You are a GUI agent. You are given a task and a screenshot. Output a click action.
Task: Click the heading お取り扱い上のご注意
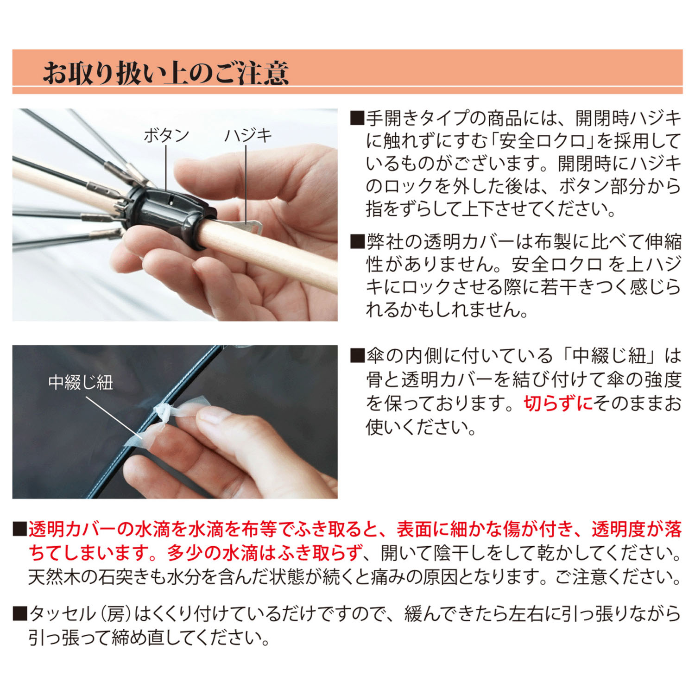click(166, 73)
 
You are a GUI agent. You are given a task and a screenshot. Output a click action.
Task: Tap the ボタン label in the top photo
click(166, 135)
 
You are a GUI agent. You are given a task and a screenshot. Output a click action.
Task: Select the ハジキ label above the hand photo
click(248, 135)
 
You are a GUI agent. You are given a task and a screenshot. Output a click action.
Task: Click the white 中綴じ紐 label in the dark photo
click(81, 383)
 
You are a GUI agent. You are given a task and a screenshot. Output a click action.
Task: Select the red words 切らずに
click(558, 404)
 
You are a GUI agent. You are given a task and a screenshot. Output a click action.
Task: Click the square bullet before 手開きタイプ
click(357, 119)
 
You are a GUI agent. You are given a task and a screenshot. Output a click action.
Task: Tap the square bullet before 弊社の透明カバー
click(357, 241)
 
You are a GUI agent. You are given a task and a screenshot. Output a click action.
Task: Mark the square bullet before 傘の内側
click(357, 356)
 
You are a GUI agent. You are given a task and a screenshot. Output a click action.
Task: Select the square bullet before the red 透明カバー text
click(20, 529)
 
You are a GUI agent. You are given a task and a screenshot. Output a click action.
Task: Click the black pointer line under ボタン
click(166, 167)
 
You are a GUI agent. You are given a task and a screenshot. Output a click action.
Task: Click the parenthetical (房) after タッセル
click(115, 614)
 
